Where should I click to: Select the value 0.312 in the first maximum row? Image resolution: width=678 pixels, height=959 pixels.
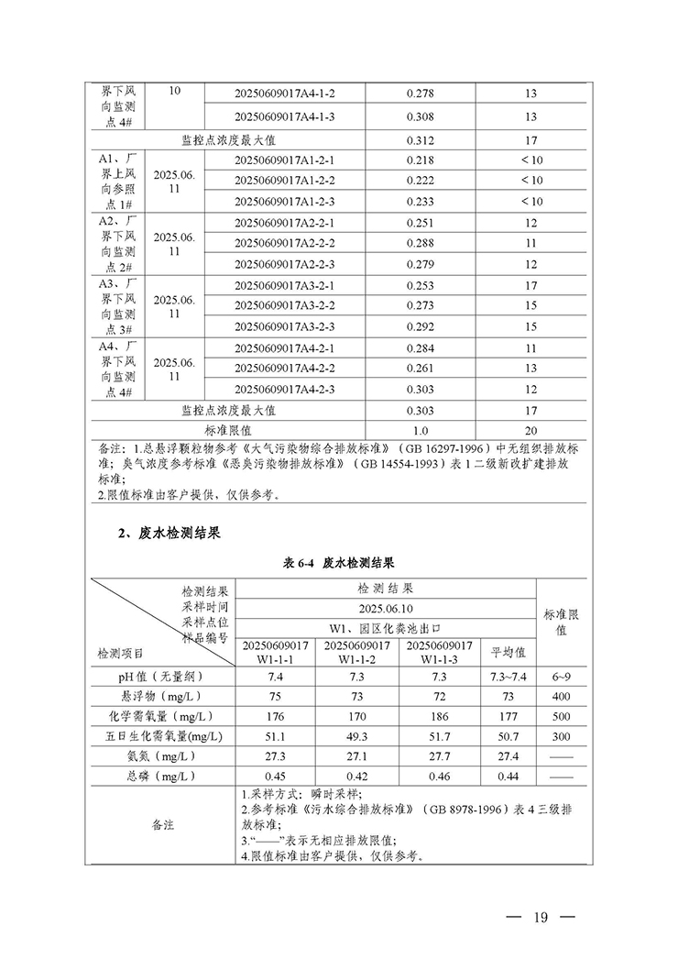click(419, 140)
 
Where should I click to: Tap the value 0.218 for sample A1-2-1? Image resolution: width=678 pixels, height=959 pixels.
click(419, 160)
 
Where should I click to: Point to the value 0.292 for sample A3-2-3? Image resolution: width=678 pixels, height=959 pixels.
click(419, 326)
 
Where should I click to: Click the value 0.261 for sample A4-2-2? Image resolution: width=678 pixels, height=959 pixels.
click(419, 369)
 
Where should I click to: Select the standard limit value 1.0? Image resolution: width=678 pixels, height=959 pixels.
click(419, 430)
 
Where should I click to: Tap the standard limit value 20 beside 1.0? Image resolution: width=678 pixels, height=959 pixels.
click(531, 430)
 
